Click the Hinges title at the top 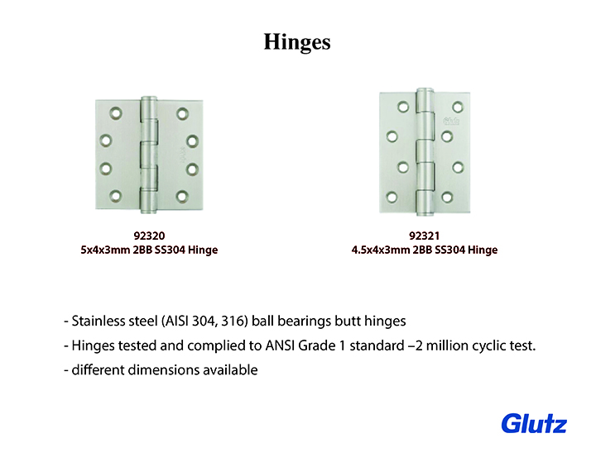click(x=297, y=42)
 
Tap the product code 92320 click(x=149, y=236)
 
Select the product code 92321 click(x=424, y=236)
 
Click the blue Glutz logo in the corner click(x=534, y=423)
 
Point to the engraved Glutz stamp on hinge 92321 click(x=451, y=121)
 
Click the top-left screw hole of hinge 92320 click(x=116, y=113)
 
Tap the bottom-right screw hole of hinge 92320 click(x=182, y=196)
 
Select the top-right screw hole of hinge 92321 click(x=458, y=107)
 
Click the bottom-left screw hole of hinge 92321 click(x=392, y=197)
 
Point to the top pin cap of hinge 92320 click(x=149, y=99)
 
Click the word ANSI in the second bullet click(x=280, y=345)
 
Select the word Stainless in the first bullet click(x=99, y=321)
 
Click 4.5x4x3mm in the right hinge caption click(x=381, y=250)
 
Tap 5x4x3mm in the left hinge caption click(x=105, y=250)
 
